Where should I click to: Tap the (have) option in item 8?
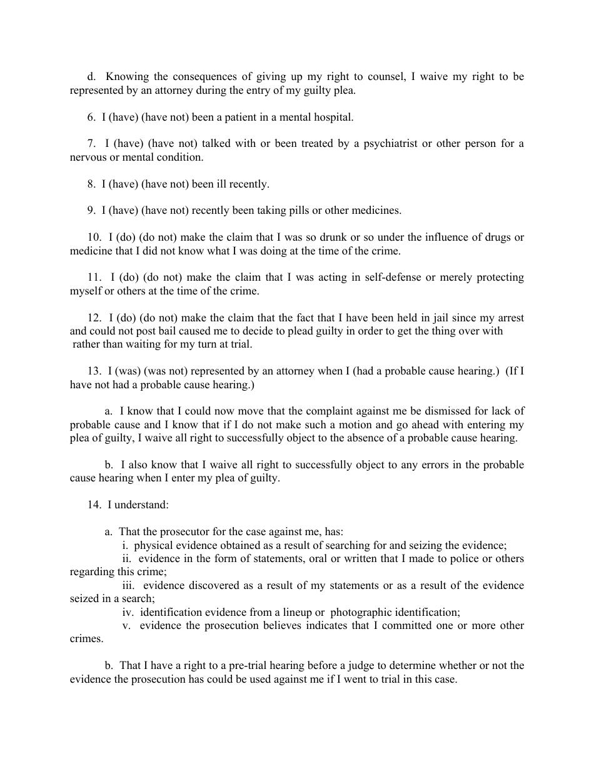(x=124, y=184)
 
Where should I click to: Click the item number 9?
(x=91, y=210)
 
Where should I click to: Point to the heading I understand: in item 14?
(x=138, y=505)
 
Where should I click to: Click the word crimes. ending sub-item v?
(x=86, y=639)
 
